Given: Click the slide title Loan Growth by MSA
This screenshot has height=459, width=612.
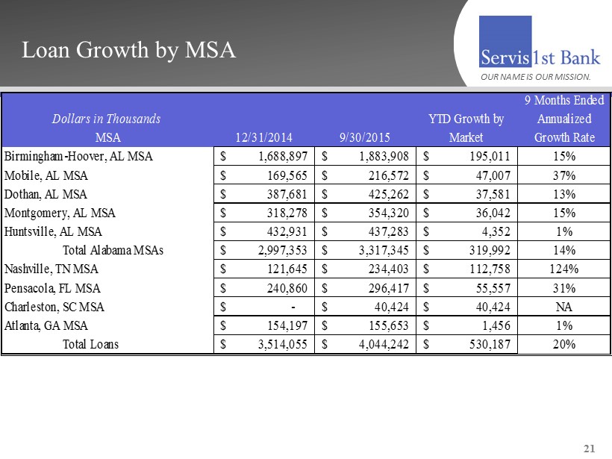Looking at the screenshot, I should pyautogui.click(x=129, y=50).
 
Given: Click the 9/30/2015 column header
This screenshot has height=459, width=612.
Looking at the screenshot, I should pyautogui.click(x=364, y=137).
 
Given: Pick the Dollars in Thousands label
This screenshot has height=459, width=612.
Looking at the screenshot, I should pyautogui.click(x=106, y=119).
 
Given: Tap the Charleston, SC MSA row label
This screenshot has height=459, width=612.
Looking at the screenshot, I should pyautogui.click(x=55, y=306).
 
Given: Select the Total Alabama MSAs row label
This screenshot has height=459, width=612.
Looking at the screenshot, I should pyautogui.click(x=116, y=250).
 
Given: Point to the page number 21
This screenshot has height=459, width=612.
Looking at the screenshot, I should pyautogui.click(x=590, y=448).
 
